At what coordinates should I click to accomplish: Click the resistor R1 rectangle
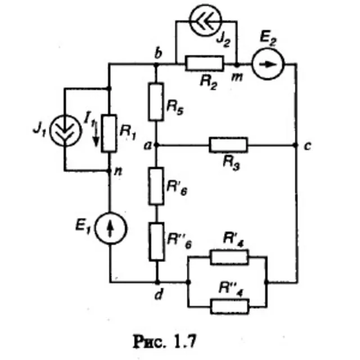tap(109, 133)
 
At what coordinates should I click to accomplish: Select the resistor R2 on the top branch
tap(204, 64)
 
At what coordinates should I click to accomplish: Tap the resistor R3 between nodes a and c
tap(228, 145)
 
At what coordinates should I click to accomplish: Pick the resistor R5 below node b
tap(156, 102)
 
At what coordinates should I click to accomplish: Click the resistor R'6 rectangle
tap(156, 186)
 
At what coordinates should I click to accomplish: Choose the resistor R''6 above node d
tap(156, 242)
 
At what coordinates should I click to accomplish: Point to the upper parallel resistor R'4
tap(229, 258)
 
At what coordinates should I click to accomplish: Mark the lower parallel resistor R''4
tap(230, 307)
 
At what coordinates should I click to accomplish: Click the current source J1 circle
tap(66, 130)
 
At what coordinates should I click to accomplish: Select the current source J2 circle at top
tap(205, 20)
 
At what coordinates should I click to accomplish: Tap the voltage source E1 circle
tap(111, 228)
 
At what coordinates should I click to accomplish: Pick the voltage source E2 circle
tap(268, 64)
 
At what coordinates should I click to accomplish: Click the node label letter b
tap(158, 53)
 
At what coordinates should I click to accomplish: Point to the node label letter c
tap(308, 146)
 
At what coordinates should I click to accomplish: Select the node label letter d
tap(159, 294)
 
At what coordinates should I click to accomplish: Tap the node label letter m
tap(237, 78)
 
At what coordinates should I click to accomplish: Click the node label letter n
tap(118, 172)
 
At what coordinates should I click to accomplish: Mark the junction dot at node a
tap(156, 145)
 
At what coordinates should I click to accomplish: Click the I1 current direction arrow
tap(96, 134)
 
